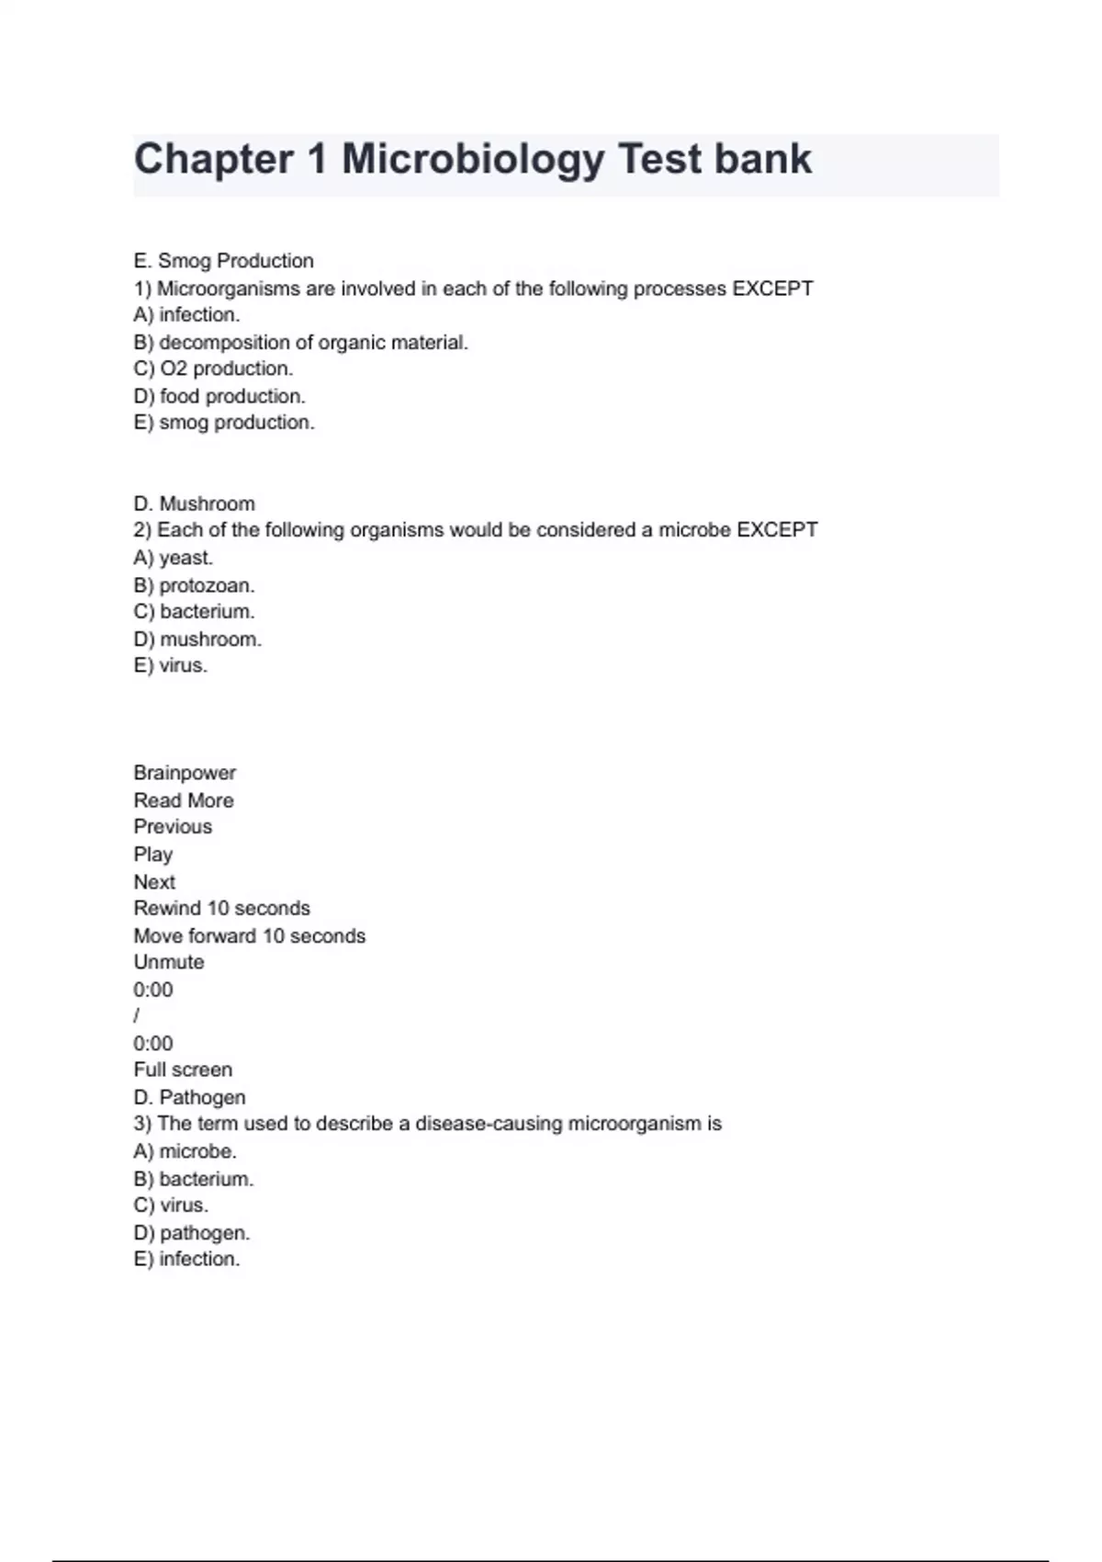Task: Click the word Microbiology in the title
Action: click(x=473, y=160)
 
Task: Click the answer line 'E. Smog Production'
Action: click(x=223, y=261)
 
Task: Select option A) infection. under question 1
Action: click(x=186, y=315)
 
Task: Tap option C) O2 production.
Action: click(x=213, y=368)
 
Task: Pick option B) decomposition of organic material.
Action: click(x=300, y=343)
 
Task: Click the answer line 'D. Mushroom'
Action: click(x=194, y=504)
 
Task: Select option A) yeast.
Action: click(x=173, y=558)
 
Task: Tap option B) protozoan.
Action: click(x=194, y=585)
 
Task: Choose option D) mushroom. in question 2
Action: click(x=197, y=639)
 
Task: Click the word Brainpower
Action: click(x=185, y=773)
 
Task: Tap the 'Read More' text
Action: click(x=184, y=800)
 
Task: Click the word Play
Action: click(x=152, y=855)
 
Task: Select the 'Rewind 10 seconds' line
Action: click(x=221, y=908)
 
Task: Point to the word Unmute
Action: click(x=169, y=962)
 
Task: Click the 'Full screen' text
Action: click(x=183, y=1070)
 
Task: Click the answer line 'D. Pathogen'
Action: click(x=189, y=1097)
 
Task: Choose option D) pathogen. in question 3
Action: click(x=191, y=1232)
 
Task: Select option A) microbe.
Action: click(x=185, y=1151)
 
